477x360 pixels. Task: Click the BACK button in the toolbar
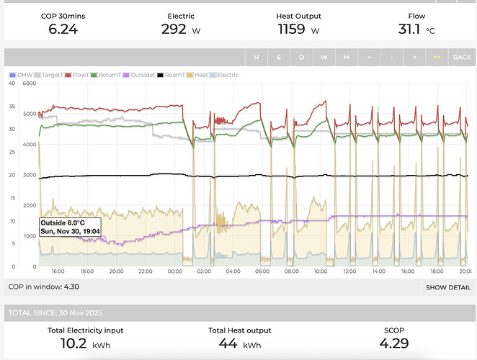click(x=460, y=57)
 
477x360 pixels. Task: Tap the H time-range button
click(x=256, y=57)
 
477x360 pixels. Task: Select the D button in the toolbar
click(x=301, y=57)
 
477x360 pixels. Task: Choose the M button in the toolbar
click(x=346, y=57)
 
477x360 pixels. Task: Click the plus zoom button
click(x=369, y=57)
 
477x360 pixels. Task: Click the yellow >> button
click(x=436, y=57)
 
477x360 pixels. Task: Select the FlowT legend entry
click(x=79, y=75)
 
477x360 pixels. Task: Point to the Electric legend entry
click(x=224, y=75)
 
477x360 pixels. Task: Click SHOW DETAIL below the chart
click(x=447, y=287)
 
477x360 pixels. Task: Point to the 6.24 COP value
click(x=63, y=30)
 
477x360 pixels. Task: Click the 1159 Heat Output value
click(x=292, y=30)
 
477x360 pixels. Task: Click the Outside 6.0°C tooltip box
click(x=70, y=227)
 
